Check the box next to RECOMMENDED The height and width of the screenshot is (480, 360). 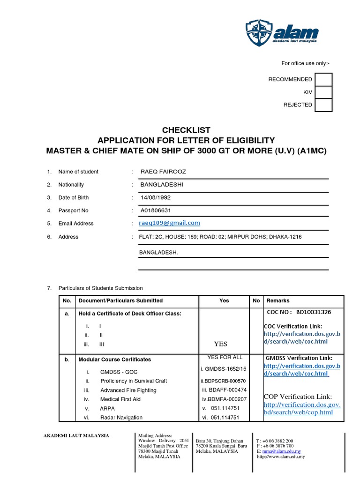pos(323,80)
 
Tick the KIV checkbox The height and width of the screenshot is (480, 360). pos(323,92)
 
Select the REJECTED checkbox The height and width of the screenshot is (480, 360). pos(323,105)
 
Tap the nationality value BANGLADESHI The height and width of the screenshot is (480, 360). pos(162,185)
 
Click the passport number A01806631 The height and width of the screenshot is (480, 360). pos(156,210)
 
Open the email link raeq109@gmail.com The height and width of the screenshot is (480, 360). pos(170,223)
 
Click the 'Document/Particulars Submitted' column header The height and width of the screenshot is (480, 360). pos(120,300)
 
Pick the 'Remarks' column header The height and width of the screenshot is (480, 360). pos(278,300)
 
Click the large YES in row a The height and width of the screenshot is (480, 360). pos(220,344)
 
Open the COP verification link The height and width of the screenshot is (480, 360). pos(302,408)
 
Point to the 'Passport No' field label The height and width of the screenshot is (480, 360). pos(73,211)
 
